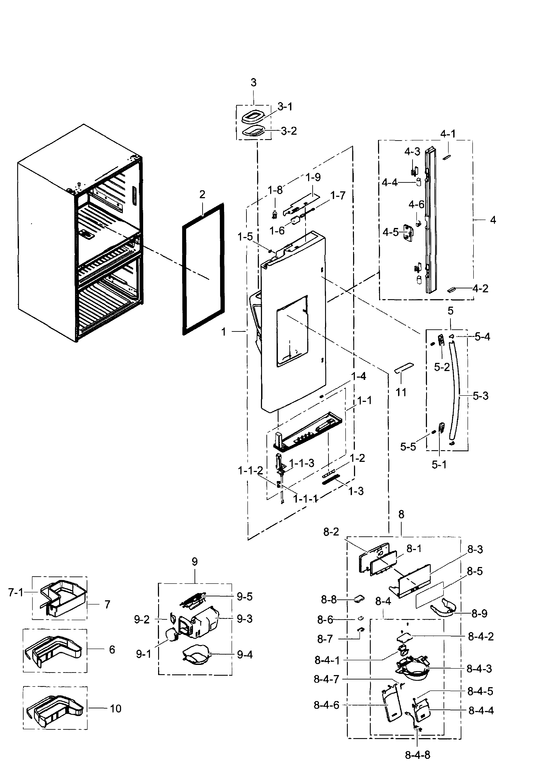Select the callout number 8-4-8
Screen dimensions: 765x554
(417, 755)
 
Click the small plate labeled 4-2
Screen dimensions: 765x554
(451, 289)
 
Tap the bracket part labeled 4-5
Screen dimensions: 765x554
(408, 233)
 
